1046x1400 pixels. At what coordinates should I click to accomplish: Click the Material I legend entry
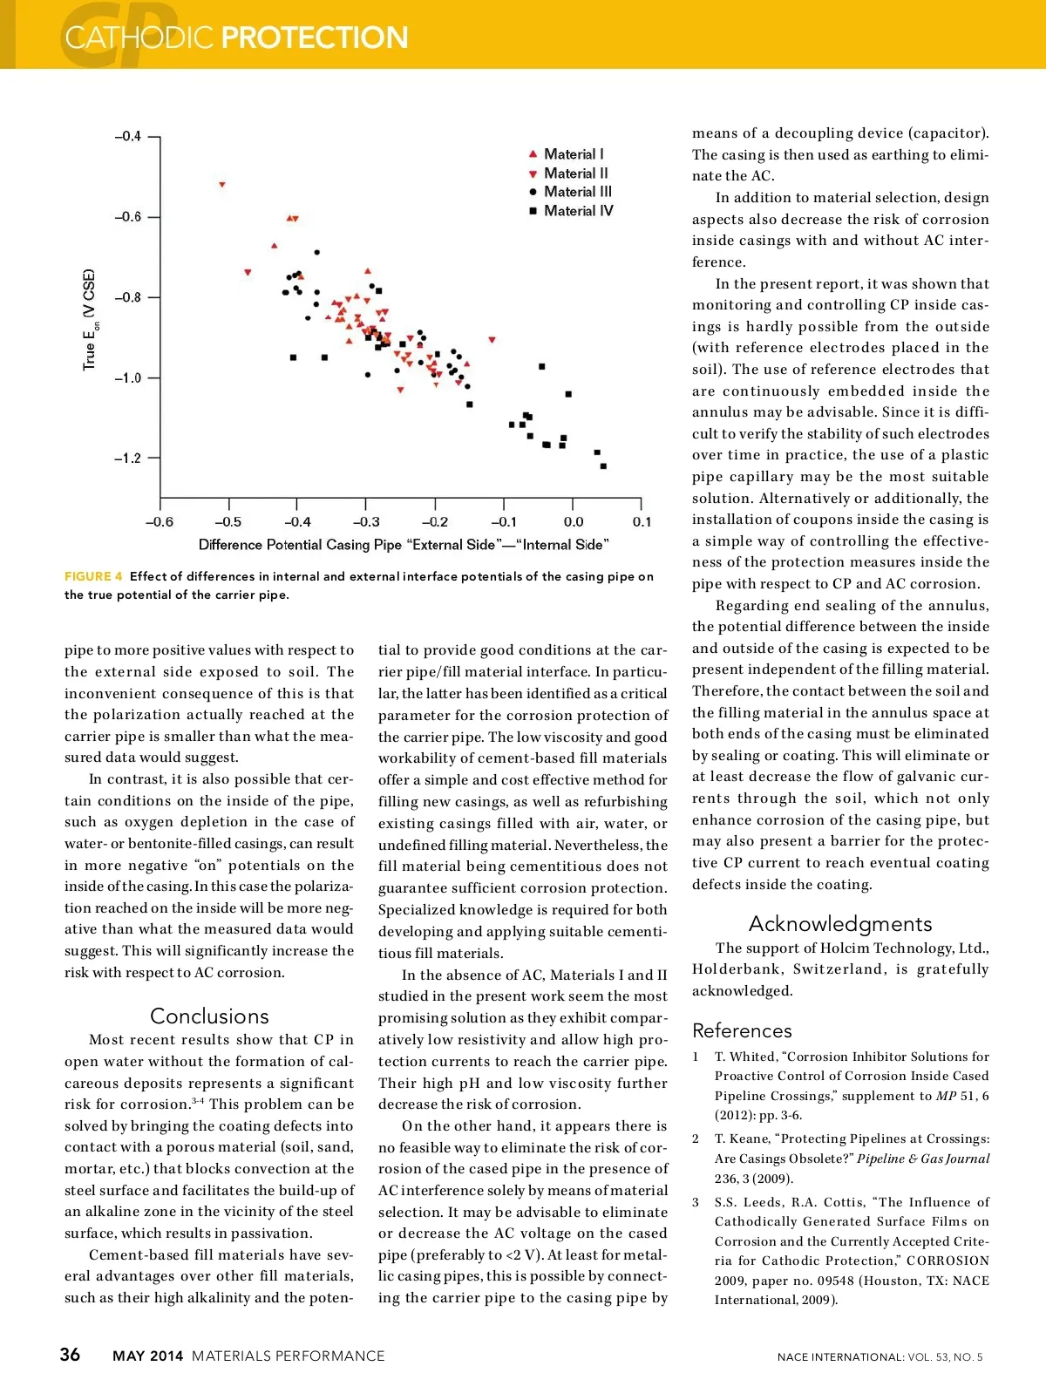point(573,154)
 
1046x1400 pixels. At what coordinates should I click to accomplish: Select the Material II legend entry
point(575,173)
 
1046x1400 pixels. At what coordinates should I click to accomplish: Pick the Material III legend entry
point(577,192)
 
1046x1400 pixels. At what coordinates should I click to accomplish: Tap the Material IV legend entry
point(578,211)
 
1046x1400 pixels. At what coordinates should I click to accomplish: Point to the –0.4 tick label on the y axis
point(127,137)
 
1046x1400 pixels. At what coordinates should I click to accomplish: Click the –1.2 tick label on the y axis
point(127,459)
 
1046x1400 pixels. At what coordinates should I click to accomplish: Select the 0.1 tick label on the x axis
point(642,522)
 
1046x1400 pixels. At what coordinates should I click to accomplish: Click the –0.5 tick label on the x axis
point(228,522)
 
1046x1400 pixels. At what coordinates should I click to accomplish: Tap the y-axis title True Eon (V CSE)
point(90,319)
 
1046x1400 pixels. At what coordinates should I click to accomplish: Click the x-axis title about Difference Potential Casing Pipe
point(404,545)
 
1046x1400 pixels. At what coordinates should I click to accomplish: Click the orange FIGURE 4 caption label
point(93,576)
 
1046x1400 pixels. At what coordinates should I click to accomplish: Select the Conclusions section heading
point(209,1016)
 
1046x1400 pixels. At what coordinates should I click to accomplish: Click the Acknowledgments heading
point(840,924)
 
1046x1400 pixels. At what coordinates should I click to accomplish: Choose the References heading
point(742,1031)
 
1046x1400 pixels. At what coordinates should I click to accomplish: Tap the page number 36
point(70,1355)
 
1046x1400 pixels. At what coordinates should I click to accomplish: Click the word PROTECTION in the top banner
point(315,37)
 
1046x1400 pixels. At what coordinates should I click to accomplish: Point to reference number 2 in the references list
point(696,1139)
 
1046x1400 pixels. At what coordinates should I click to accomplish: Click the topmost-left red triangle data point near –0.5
point(222,185)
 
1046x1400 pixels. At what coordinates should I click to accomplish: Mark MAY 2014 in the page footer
point(148,1356)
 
